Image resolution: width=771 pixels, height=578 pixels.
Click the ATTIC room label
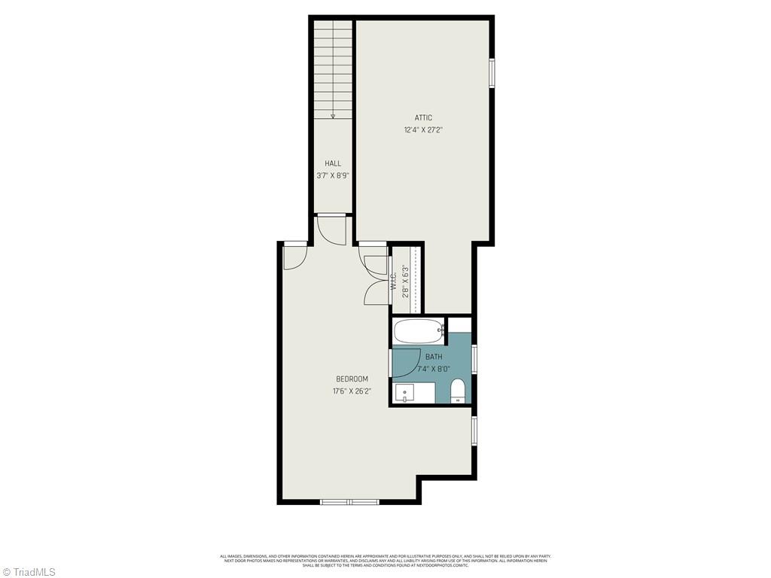click(x=423, y=117)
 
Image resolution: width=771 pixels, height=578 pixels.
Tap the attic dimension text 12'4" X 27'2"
click(x=423, y=129)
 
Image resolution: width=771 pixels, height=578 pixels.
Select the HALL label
click(x=332, y=163)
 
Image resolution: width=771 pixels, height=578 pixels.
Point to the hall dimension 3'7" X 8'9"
click(x=332, y=175)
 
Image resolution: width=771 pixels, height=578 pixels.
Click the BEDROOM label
click(x=352, y=379)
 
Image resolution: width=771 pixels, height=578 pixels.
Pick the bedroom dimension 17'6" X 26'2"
click(x=352, y=391)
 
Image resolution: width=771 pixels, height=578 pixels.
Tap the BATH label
click(x=434, y=357)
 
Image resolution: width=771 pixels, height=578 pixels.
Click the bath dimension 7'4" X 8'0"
click(x=433, y=369)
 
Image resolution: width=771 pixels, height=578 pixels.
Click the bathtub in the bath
click(x=419, y=330)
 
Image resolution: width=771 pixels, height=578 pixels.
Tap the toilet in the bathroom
click(x=457, y=391)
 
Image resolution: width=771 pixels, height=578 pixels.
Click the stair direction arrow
click(x=333, y=116)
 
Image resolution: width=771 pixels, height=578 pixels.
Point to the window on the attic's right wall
click(x=492, y=73)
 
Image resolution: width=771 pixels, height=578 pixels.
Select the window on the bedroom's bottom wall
click(x=349, y=501)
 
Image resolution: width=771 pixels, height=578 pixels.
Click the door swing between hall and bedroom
click(x=331, y=229)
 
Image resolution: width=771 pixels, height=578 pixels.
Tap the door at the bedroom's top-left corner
click(x=295, y=257)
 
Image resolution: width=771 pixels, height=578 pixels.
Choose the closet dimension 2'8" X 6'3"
click(x=406, y=281)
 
